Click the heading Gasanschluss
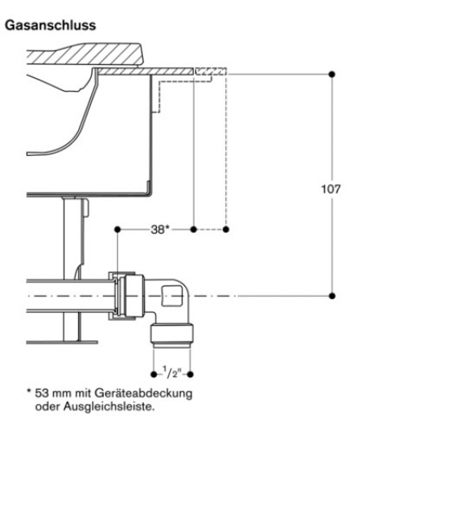click(x=50, y=25)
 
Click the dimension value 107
click(x=331, y=189)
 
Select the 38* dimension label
click(x=160, y=229)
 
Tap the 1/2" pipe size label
click(x=172, y=372)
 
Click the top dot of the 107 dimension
click(x=332, y=74)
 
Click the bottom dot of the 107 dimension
click(x=332, y=296)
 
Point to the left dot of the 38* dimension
click(x=117, y=229)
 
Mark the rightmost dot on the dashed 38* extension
click(x=226, y=229)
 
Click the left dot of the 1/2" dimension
click(x=154, y=375)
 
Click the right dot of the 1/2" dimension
click(x=190, y=375)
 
